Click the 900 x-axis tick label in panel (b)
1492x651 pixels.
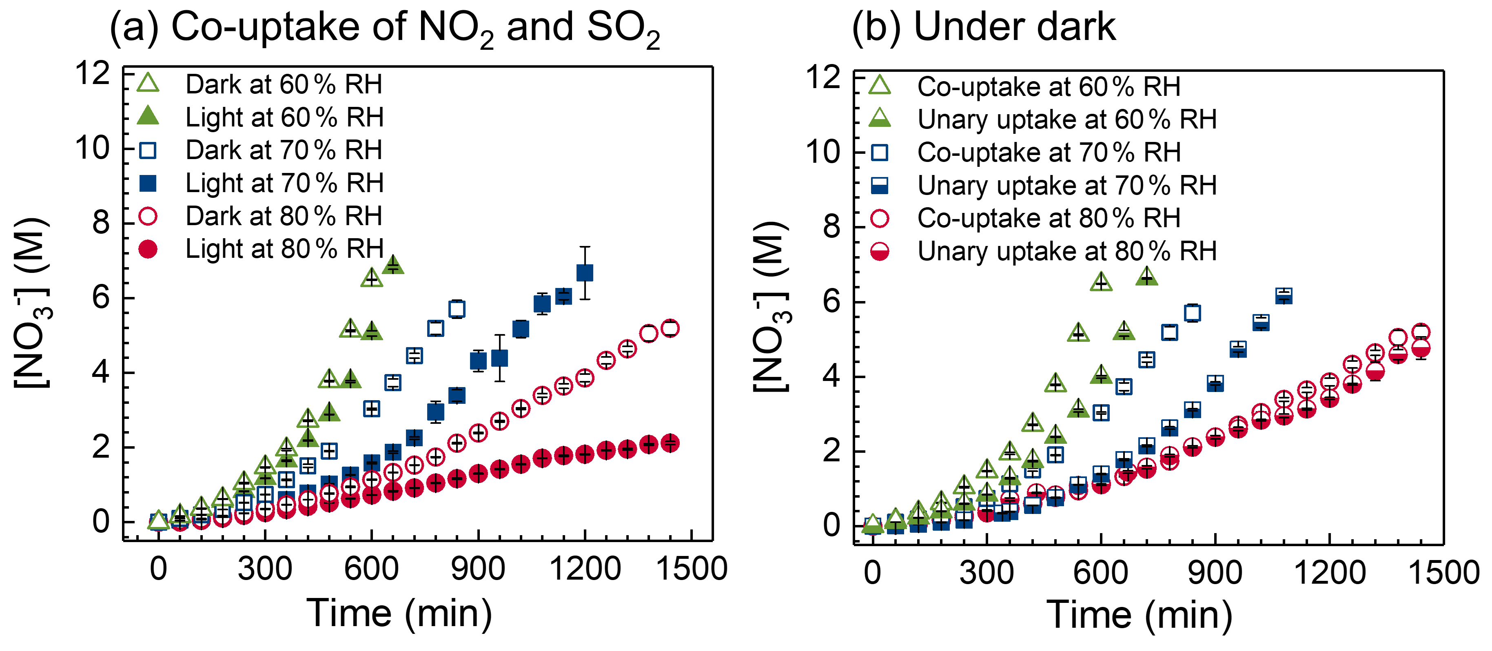point(1215,573)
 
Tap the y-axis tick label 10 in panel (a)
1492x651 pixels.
point(93,149)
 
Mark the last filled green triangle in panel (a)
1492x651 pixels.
point(393,265)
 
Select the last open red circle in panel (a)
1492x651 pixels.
point(670,328)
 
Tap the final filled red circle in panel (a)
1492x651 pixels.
point(670,443)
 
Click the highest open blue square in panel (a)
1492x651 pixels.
point(457,309)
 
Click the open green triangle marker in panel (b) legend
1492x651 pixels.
point(880,86)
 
